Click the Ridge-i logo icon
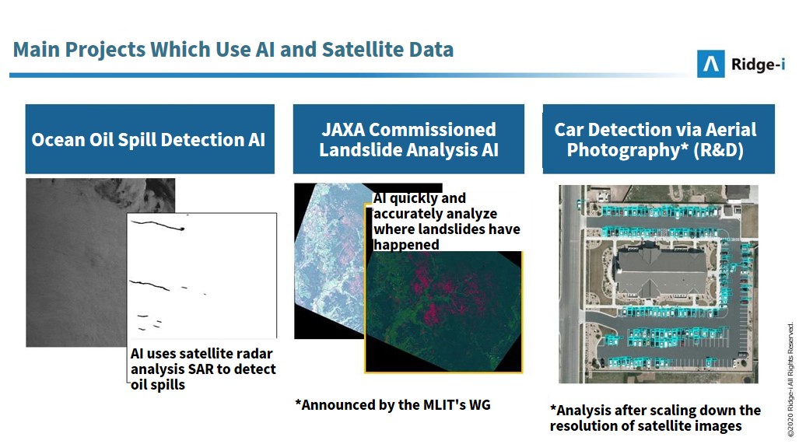click(x=710, y=64)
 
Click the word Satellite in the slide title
click(x=362, y=50)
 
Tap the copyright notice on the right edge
click(x=790, y=379)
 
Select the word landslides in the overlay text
click(x=450, y=229)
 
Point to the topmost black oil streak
click(x=158, y=225)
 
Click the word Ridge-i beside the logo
click(x=758, y=65)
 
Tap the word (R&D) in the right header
click(x=718, y=150)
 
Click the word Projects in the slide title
click(x=106, y=50)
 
